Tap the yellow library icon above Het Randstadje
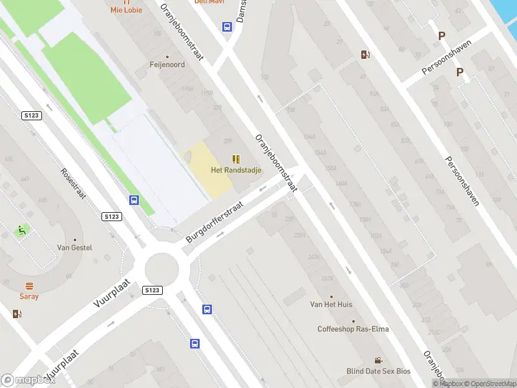[236, 159]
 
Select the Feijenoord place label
[167, 65]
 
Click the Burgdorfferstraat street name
[215, 222]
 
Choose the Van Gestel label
[75, 248]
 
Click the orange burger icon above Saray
[29, 286]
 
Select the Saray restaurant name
[29, 296]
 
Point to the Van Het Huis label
[331, 304]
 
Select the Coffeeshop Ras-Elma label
[353, 329]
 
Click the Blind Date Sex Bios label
[378, 371]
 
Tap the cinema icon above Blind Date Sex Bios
[378, 360]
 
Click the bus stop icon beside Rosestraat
[134, 200]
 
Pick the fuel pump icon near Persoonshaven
[365, 54]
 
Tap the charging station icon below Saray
[16, 314]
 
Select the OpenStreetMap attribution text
[489, 383]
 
